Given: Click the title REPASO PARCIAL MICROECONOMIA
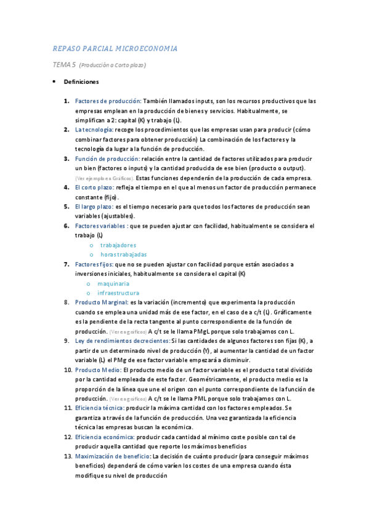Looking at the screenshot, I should click(115, 48).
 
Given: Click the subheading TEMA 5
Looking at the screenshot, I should click(64, 65).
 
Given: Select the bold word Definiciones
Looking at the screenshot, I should click(81, 81).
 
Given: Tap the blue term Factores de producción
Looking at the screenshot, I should click(108, 101).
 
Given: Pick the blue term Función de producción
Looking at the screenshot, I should click(107, 159).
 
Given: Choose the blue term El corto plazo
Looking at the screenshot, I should click(94, 187).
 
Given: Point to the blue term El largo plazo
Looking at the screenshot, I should click(94, 207).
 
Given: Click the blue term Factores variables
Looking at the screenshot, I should click(102, 226).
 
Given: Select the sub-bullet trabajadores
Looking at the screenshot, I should click(118, 245).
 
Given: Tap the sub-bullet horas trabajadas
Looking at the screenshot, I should click(123, 255).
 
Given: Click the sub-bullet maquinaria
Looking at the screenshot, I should click(113, 284).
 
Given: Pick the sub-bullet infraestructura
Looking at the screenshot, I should click(118, 293).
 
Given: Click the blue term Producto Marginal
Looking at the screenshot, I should click(102, 303).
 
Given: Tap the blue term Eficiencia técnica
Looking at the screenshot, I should click(99, 408).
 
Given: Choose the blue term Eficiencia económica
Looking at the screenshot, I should click(104, 437).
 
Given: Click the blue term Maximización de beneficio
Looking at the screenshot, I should click(113, 456).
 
